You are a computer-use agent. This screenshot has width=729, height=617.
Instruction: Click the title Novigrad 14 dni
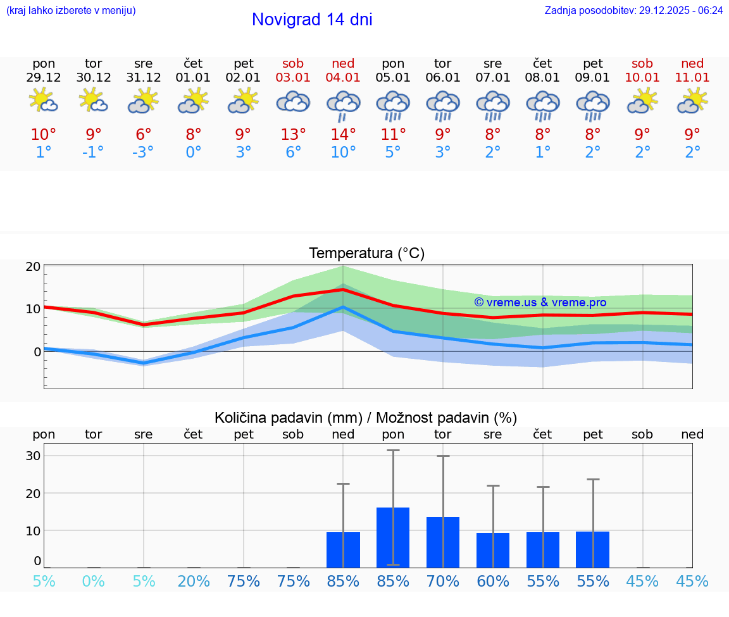(x=312, y=20)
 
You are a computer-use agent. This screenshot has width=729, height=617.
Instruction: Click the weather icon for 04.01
(x=343, y=104)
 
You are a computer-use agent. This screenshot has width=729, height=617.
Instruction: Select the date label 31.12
(x=144, y=78)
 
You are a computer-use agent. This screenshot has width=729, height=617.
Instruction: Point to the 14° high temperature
(x=343, y=135)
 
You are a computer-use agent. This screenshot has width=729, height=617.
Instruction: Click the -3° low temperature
(x=144, y=153)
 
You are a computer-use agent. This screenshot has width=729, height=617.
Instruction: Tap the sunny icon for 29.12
(x=44, y=101)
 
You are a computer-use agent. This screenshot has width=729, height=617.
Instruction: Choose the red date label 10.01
(x=642, y=78)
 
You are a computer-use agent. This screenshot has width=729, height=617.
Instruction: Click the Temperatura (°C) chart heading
(x=366, y=254)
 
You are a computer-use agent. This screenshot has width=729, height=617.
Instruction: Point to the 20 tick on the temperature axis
(x=34, y=266)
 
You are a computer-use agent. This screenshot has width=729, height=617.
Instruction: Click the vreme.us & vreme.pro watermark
(x=540, y=302)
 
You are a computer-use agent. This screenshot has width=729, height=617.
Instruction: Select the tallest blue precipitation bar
(x=393, y=537)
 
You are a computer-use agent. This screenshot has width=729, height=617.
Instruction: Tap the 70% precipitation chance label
(x=443, y=582)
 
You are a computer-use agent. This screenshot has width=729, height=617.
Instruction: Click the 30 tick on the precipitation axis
(x=34, y=456)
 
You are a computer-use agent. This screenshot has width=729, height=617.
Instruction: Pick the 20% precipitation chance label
(x=194, y=582)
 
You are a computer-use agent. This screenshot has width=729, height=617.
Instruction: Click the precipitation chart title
(x=366, y=418)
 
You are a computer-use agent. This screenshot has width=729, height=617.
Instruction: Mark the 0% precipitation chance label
(x=94, y=582)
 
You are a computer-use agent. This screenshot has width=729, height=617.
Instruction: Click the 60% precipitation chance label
(x=493, y=582)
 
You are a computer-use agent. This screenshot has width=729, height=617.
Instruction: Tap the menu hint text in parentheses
(x=71, y=10)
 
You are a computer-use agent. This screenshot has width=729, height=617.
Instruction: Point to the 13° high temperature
(x=294, y=135)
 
